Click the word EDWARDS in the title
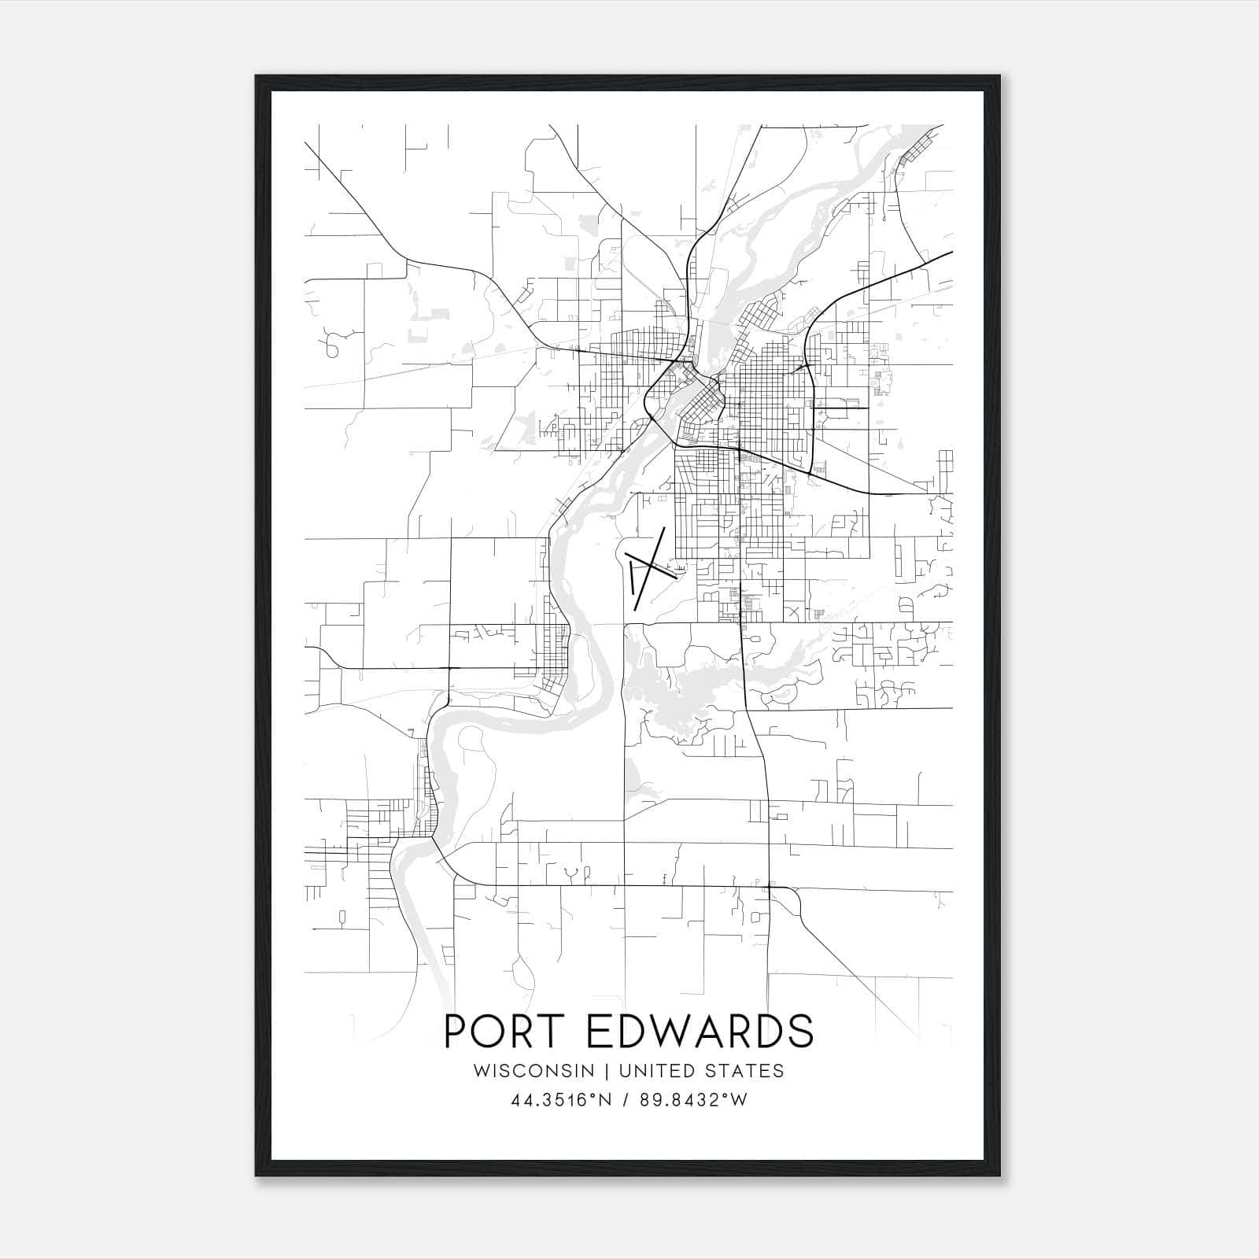point(700,1031)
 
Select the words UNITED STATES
point(701,1070)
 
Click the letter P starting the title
point(456,1031)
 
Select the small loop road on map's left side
point(331,346)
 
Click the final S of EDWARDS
point(801,1031)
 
